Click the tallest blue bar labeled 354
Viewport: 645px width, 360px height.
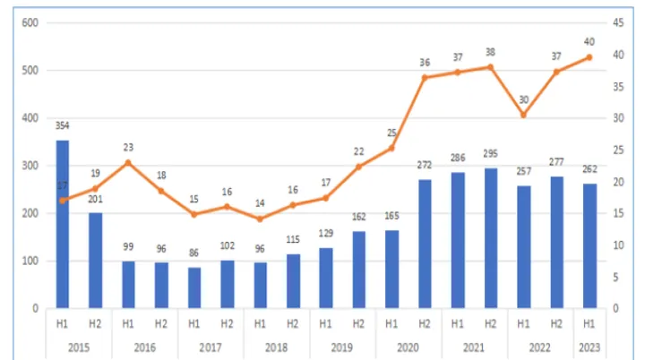(x=63, y=224)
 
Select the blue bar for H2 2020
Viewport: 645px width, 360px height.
(x=425, y=244)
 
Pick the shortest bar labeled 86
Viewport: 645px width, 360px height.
(x=194, y=287)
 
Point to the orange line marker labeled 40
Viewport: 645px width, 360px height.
(x=589, y=57)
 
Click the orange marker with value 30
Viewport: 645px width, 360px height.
(x=523, y=115)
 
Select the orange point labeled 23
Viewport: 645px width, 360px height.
(x=128, y=162)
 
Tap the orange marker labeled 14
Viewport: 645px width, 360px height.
(x=260, y=219)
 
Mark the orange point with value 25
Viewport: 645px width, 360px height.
(x=391, y=148)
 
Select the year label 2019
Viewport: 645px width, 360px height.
(x=342, y=346)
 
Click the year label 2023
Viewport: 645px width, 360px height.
(x=589, y=346)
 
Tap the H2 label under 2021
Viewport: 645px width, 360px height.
(x=491, y=324)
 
